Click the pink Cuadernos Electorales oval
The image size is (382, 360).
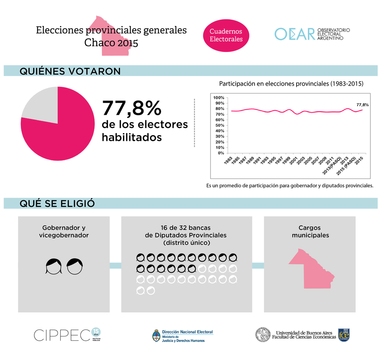[226, 35]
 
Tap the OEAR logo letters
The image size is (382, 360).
[294, 34]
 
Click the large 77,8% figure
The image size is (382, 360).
[131, 108]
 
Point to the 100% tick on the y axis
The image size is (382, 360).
[219, 98]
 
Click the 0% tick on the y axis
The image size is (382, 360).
[220, 153]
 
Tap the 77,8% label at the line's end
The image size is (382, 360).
[362, 105]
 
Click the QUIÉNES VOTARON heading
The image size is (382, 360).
[70, 71]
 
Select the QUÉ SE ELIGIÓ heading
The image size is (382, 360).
[57, 203]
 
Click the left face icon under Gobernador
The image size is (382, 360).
[54, 266]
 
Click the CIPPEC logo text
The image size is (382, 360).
[62, 335]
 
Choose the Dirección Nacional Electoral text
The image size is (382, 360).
[187, 332]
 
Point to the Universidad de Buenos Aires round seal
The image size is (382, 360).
[262, 335]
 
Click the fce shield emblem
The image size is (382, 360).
[344, 335]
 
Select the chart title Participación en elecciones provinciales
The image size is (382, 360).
[291, 84]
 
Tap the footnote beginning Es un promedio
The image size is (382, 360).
[290, 186]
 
